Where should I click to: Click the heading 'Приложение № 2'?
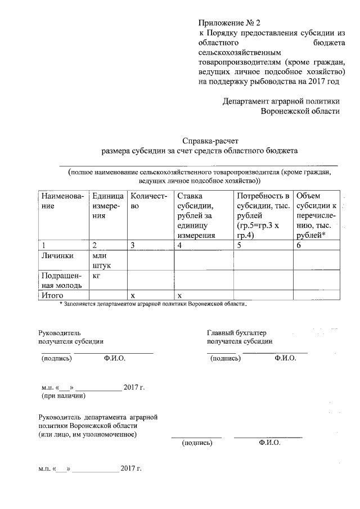[x=230, y=23]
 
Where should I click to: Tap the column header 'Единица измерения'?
[x=107, y=205]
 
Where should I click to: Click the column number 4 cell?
[x=179, y=245]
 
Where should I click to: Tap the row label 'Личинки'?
[x=55, y=255]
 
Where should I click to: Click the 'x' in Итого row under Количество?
[x=133, y=295]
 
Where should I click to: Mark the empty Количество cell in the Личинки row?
[x=150, y=260]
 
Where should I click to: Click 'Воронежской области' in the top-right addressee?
[x=300, y=111]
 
